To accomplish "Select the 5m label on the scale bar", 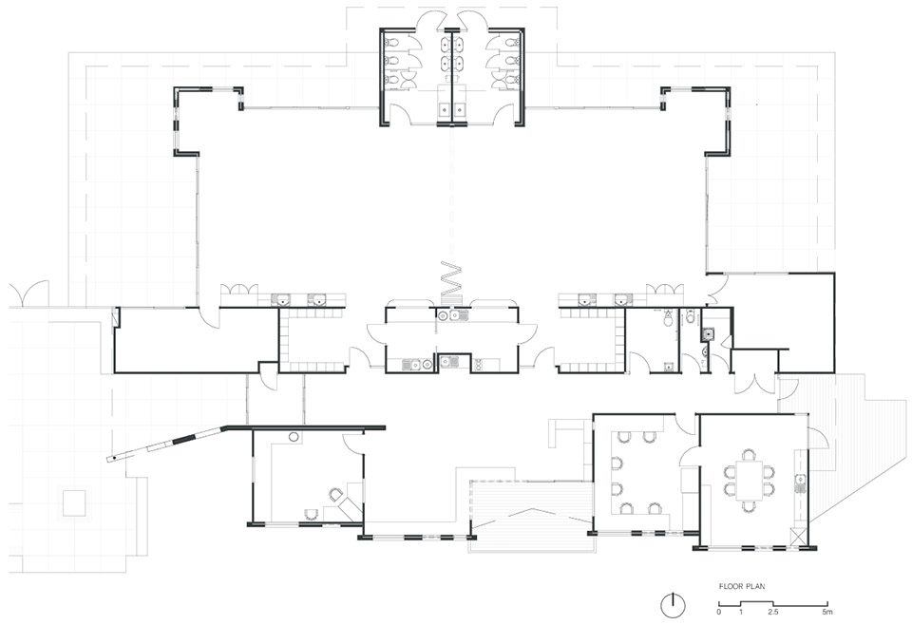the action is click(827, 612).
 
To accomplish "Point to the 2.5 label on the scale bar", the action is click(773, 612).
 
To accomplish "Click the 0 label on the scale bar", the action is click(719, 612).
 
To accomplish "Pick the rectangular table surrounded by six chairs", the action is click(750, 481).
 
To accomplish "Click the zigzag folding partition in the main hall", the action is click(450, 278).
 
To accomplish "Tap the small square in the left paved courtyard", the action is click(74, 502).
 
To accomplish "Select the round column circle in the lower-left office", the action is click(294, 436).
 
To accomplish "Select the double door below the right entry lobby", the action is click(755, 383).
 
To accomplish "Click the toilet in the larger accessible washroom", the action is click(668, 317).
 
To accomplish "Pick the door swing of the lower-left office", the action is click(352, 441).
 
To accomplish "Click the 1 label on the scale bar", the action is click(741, 612).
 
